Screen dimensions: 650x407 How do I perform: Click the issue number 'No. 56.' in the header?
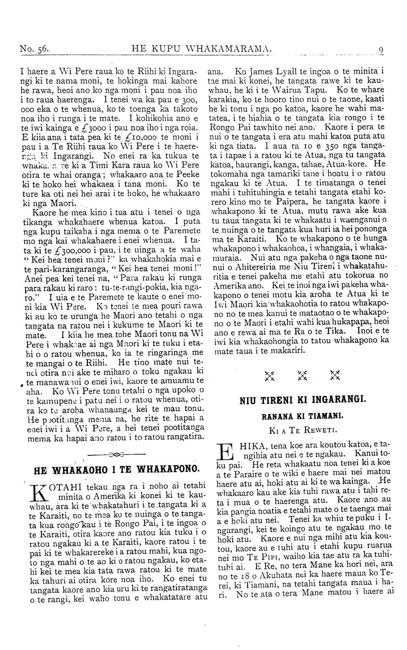[x=34, y=49]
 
